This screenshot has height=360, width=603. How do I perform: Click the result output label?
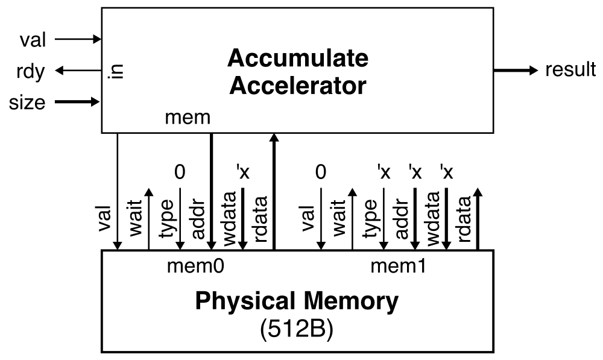coord(570,70)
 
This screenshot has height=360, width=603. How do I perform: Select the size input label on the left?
coord(27,103)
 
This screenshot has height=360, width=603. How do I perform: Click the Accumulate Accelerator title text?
coord(298,72)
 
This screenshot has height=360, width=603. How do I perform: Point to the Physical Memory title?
coord(296,301)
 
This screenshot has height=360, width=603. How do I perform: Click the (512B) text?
coord(296,330)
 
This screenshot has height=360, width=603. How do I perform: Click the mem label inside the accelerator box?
coord(188,118)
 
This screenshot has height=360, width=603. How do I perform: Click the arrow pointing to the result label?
coord(515,71)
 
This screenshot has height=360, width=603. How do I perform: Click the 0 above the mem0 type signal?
coord(179,172)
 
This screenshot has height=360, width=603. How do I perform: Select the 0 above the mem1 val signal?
coord(321,172)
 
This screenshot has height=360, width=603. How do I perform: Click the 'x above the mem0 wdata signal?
coord(242,172)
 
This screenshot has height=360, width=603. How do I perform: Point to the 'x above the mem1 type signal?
coord(384,172)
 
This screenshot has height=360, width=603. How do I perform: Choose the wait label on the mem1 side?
coord(339,218)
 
